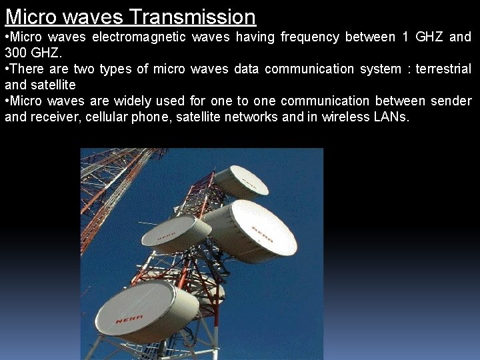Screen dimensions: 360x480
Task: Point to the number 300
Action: point(16,53)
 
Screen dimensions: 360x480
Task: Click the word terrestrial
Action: point(441,69)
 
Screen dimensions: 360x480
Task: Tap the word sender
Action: point(451,101)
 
